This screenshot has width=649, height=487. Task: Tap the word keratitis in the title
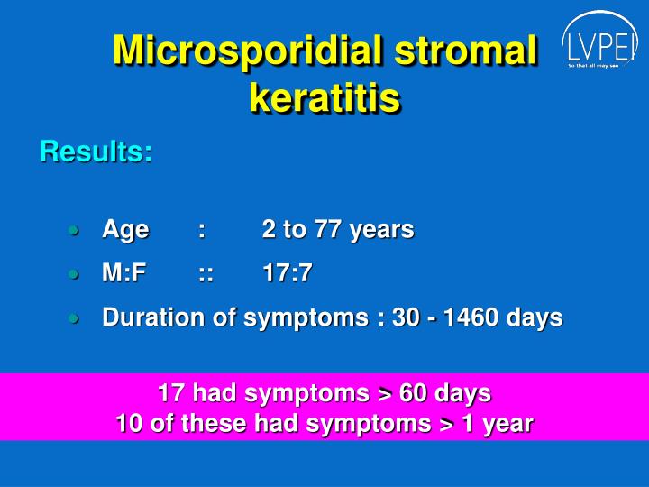pyautogui.click(x=324, y=98)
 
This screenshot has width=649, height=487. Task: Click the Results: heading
pyautogui.click(x=96, y=152)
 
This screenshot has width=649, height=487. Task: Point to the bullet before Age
pyautogui.click(x=74, y=231)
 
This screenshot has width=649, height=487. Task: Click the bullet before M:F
pyautogui.click(x=74, y=274)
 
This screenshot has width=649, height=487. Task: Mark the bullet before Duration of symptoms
pyautogui.click(x=74, y=318)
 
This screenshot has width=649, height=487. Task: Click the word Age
pyautogui.click(x=125, y=231)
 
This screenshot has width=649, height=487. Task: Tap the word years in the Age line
pyautogui.click(x=381, y=231)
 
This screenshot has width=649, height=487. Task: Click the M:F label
pyautogui.click(x=124, y=273)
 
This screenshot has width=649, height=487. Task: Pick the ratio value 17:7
pyautogui.click(x=287, y=273)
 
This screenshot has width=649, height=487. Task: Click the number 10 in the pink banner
pyautogui.click(x=129, y=423)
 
